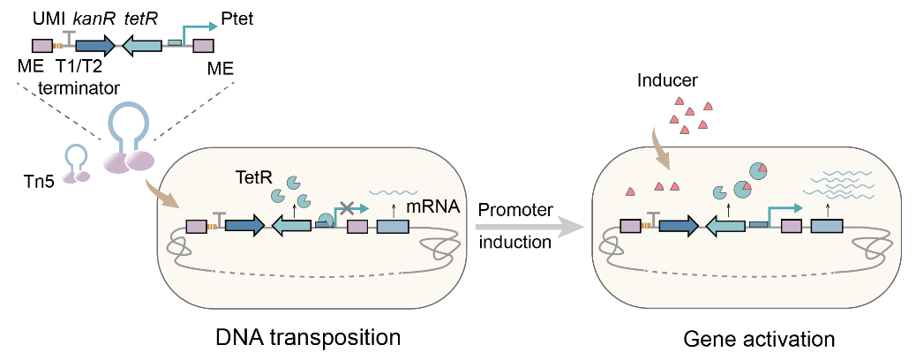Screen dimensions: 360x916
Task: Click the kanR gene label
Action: click(94, 18)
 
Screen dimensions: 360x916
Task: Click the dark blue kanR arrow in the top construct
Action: click(97, 45)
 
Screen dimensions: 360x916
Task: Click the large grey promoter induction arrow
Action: click(529, 227)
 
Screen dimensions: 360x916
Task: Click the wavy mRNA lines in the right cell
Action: click(835, 182)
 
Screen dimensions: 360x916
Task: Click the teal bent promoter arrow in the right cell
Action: click(782, 209)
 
